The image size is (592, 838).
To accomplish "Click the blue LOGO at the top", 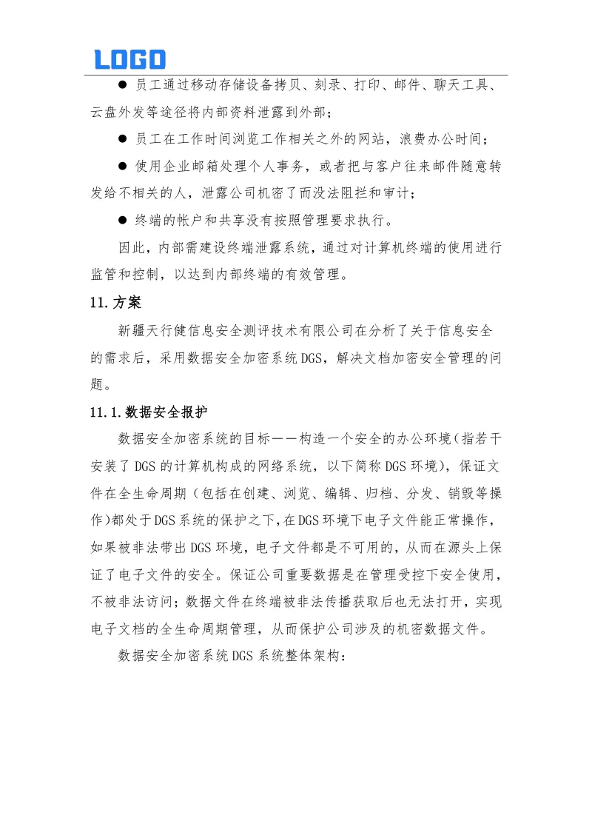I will pos(129,59).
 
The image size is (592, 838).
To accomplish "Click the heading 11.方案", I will pos(111,302).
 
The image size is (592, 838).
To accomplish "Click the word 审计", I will pos(398,194).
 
